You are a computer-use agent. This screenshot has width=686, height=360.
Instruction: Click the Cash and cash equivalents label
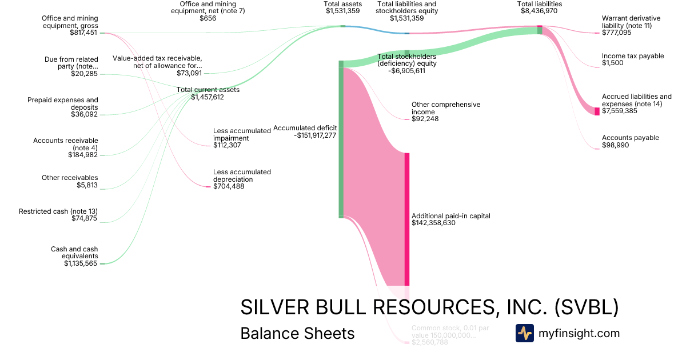(x=74, y=253)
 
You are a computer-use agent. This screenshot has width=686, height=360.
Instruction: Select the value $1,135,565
(x=81, y=263)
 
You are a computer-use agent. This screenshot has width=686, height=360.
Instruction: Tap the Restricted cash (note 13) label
(x=58, y=211)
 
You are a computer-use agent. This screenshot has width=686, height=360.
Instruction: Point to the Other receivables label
(x=70, y=178)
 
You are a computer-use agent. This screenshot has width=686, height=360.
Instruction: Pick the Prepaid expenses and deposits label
(x=63, y=103)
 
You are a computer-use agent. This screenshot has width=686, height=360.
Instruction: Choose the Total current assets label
(x=208, y=90)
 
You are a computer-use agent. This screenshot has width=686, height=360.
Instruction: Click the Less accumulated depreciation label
(x=242, y=175)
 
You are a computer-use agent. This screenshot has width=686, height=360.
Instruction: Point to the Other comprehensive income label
(x=446, y=108)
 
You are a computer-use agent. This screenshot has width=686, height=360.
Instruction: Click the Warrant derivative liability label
(x=631, y=22)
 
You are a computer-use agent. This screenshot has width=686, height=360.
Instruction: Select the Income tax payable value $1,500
(x=613, y=63)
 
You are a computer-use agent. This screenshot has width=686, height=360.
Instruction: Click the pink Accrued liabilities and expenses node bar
(x=597, y=111)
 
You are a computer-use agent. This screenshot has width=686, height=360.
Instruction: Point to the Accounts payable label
(x=630, y=138)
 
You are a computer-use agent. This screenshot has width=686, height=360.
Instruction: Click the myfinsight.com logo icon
(x=525, y=333)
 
